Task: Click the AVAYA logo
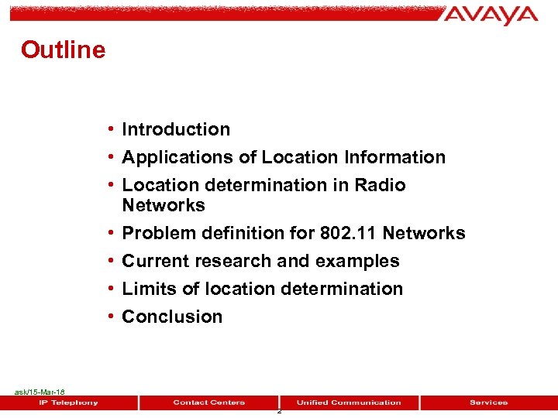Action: [491, 15]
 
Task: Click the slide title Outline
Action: [63, 50]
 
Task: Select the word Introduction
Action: [176, 129]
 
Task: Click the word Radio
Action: [380, 185]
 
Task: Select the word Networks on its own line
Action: [164, 205]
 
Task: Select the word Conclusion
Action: [172, 317]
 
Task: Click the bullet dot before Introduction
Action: [112, 129]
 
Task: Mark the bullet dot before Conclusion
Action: [112, 317]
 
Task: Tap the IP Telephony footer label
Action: [69, 403]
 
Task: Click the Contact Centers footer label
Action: [208, 403]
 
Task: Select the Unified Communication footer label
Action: [349, 403]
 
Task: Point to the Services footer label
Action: [488, 403]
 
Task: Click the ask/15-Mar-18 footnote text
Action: [40, 392]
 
